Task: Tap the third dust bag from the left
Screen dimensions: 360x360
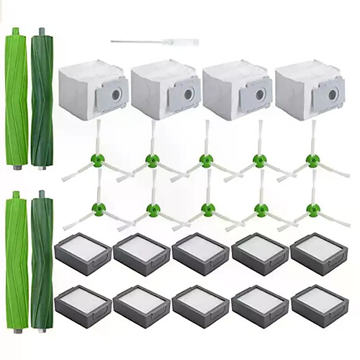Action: [x=235, y=89]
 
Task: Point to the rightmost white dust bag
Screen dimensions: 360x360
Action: [x=308, y=89]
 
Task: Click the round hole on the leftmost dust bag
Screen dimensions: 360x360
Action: [x=116, y=94]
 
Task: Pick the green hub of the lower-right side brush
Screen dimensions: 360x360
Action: [x=312, y=210]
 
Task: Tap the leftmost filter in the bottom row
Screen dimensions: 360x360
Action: [x=83, y=305]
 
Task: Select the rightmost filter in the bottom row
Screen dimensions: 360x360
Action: [x=318, y=305]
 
